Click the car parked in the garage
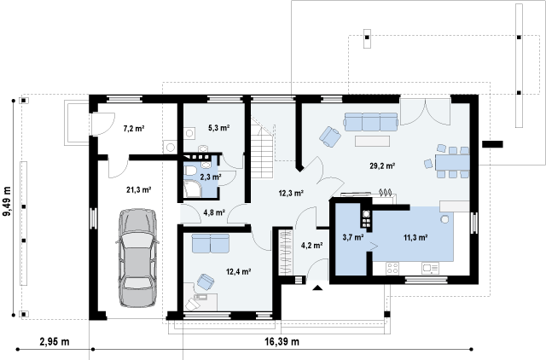(x=137, y=258)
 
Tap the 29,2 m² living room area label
(x=382, y=165)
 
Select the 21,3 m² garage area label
(x=138, y=189)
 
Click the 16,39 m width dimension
(x=282, y=341)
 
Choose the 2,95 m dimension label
(x=55, y=341)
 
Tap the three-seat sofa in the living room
(x=371, y=121)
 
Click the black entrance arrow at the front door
(x=317, y=287)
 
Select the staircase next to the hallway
(x=262, y=148)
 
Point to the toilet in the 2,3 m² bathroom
(x=190, y=171)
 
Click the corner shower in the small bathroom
(x=192, y=189)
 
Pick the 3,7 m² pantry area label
(x=353, y=237)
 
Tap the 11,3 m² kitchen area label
(x=415, y=237)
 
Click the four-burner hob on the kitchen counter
(x=392, y=268)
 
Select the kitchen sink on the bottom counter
(x=430, y=268)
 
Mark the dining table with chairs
(x=449, y=161)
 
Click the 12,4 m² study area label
(x=239, y=271)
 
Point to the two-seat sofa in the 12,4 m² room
(x=211, y=243)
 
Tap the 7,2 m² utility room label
(x=134, y=129)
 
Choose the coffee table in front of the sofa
(x=372, y=141)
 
